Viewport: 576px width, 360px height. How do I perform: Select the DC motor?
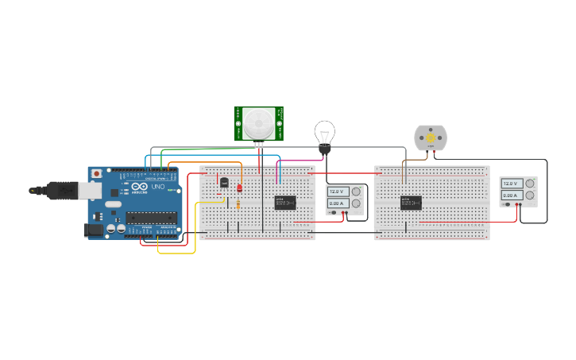coord(431,138)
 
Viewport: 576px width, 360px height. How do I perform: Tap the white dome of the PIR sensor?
coord(259,122)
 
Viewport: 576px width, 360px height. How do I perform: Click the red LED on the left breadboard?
coord(239,187)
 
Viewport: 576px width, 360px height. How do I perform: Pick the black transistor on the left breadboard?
coord(224,183)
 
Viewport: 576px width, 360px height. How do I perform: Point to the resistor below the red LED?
coord(239,204)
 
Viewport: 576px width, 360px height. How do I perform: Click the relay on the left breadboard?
coord(284,203)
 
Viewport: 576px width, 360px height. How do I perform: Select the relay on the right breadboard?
coord(410,203)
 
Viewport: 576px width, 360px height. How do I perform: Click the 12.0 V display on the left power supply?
coord(336,192)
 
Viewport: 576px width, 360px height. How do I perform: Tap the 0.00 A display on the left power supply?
coord(336,203)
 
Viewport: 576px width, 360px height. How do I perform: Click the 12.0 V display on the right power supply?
coord(510,184)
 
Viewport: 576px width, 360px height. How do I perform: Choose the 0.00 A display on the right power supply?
coord(510,195)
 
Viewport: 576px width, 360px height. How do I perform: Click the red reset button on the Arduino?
coord(97,173)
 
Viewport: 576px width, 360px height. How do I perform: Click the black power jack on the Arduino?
coord(93,230)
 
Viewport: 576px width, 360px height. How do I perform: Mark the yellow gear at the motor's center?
coord(431,137)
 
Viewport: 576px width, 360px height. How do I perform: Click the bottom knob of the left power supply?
coord(356,203)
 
